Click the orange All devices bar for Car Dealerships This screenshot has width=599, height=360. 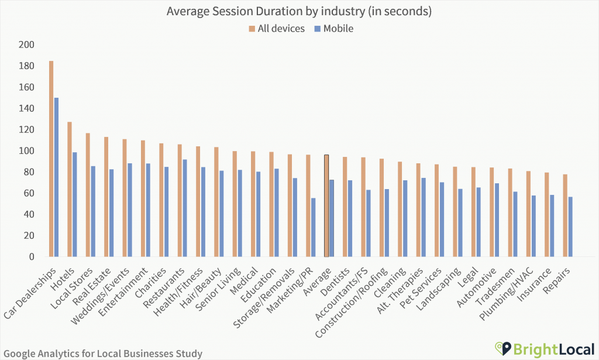(x=51, y=159)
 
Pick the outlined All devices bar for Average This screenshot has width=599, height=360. (x=326, y=205)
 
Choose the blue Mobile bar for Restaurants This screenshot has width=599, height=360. (x=185, y=208)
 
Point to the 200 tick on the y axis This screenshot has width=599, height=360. (x=27, y=45)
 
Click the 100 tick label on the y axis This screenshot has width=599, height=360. (x=27, y=151)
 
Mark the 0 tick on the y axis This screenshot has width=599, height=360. (x=32, y=257)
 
